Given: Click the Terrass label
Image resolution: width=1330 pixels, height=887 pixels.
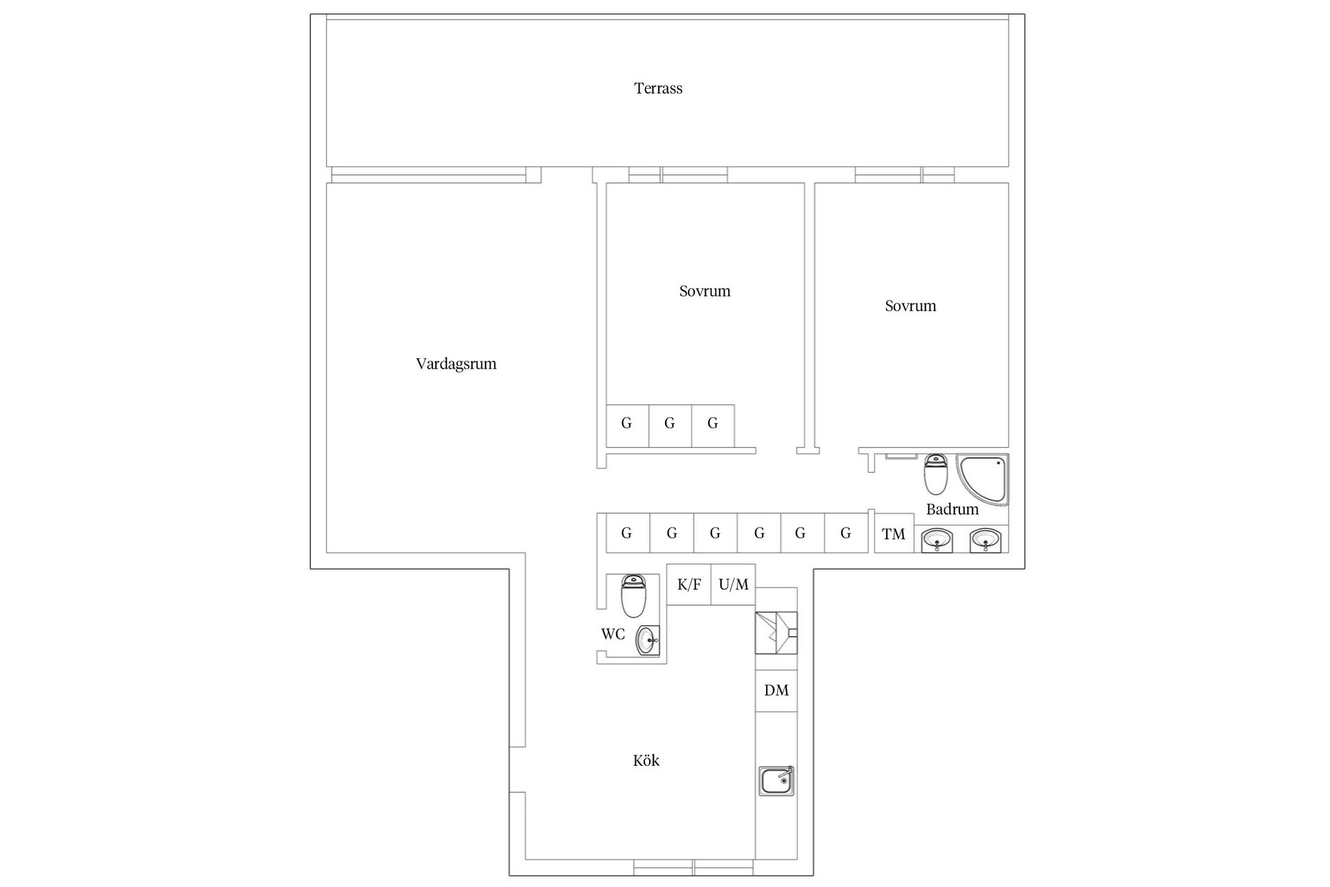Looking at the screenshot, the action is tap(658, 88).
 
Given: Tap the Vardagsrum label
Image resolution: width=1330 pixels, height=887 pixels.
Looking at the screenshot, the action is tap(456, 364).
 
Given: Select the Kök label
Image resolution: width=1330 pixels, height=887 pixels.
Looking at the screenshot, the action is tap(646, 760).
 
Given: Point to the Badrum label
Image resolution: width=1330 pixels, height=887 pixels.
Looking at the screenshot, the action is tap(952, 509).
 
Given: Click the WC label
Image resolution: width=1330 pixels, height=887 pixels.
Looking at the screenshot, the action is tap(612, 634).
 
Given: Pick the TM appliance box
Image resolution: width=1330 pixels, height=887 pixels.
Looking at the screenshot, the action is tap(894, 533).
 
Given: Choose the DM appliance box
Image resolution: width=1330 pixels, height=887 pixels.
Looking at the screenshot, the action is tap(776, 690).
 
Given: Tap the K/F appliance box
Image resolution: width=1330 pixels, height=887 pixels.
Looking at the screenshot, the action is tap(689, 584).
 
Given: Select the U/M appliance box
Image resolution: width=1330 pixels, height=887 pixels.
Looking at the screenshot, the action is tap(734, 584).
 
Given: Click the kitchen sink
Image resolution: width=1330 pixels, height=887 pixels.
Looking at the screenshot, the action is tap(776, 781).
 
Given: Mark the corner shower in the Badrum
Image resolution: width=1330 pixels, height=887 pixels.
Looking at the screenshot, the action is tap(982, 480).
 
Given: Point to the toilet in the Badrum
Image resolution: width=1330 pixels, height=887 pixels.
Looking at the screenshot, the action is tap(936, 474).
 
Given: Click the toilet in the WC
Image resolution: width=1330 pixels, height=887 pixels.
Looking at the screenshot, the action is tap(633, 595).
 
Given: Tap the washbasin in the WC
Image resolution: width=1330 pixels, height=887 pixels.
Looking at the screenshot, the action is tap(648, 640).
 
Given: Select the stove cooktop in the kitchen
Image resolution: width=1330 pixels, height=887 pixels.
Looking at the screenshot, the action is tap(776, 633).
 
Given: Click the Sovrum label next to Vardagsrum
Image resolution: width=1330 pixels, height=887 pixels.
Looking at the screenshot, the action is tap(704, 291).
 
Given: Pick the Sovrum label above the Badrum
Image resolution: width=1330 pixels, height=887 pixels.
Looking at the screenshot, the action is tap(910, 306).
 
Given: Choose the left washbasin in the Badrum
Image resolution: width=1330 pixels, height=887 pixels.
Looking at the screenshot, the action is tap(937, 540).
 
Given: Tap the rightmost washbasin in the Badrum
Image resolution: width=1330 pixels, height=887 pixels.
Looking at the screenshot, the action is tap(985, 540).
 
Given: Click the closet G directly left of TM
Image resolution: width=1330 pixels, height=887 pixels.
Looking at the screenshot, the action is tap(846, 533).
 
